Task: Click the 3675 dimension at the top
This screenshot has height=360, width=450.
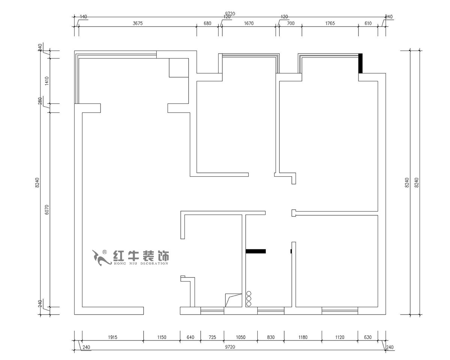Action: [x=138, y=23]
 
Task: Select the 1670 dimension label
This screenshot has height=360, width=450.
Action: [x=249, y=23]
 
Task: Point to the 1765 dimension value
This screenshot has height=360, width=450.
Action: [x=330, y=23]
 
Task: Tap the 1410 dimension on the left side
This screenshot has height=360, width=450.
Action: [x=46, y=81]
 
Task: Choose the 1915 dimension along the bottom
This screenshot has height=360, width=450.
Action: [x=112, y=337]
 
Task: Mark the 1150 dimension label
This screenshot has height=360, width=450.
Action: [x=162, y=337]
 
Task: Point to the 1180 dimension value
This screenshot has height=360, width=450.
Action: [x=303, y=337]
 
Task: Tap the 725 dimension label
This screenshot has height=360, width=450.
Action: [x=212, y=337]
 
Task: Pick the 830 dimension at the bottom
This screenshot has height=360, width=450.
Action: [x=271, y=337]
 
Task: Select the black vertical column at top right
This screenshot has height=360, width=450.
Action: [x=361, y=63]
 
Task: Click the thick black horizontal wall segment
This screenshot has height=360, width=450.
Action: [x=255, y=251]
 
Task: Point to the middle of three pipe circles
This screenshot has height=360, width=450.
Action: [x=249, y=298]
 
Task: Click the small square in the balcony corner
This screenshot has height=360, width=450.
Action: [x=178, y=68]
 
